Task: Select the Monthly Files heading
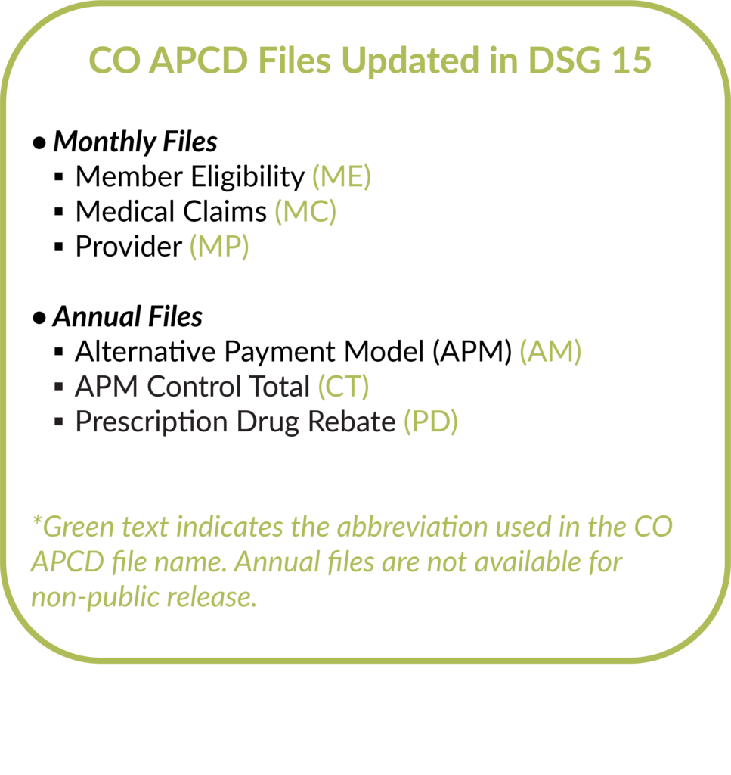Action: coord(135,142)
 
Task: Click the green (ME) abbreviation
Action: coord(342,176)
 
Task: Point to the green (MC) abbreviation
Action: coord(305,211)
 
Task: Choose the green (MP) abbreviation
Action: coord(218,247)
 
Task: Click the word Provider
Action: coord(129,247)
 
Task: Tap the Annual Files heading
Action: coord(127,316)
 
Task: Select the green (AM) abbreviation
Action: coord(550,352)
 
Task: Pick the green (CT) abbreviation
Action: coord(342,387)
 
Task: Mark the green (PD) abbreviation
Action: coord(430,422)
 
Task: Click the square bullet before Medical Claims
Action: coord(59,213)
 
